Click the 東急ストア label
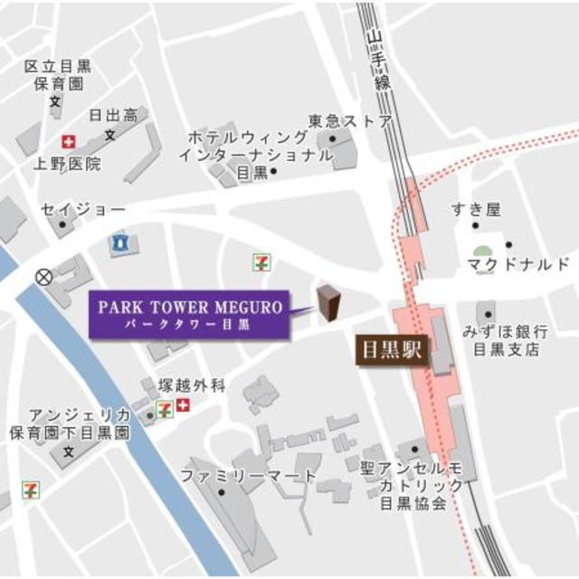[349, 121]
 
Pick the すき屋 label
[476, 210]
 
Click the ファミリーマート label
[248, 476]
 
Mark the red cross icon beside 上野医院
[67, 142]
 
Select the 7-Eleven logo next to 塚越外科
[166, 407]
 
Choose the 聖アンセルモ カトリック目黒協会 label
[422, 485]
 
